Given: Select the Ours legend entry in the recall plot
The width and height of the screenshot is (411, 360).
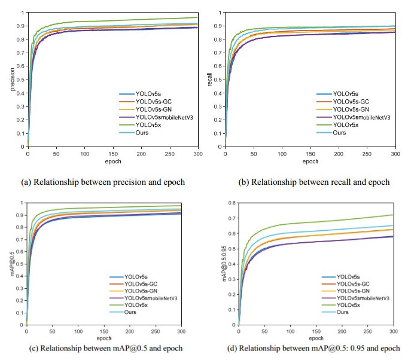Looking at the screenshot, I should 339,133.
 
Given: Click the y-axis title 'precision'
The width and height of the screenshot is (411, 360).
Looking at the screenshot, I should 11,78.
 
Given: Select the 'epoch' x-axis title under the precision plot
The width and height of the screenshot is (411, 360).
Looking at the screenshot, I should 113,162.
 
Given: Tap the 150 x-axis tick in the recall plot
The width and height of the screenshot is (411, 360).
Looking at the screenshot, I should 310,154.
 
